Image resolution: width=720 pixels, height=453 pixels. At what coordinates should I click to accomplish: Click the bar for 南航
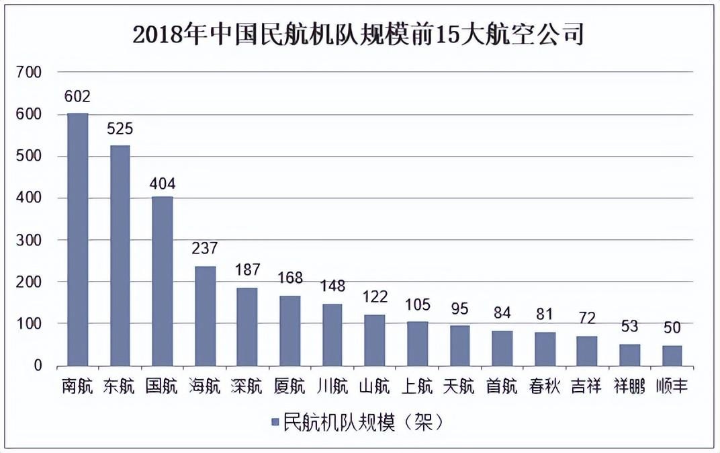(x=78, y=240)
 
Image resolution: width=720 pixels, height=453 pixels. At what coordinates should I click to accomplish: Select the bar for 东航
(x=120, y=256)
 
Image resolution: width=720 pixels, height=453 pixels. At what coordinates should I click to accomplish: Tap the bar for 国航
(x=163, y=282)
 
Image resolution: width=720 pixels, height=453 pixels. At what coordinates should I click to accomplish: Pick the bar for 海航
(x=206, y=317)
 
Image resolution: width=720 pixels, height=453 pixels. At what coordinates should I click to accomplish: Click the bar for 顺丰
(x=672, y=356)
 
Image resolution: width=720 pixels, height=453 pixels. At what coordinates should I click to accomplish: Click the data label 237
(x=205, y=249)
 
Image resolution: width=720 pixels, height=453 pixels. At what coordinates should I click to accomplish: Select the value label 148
(x=332, y=286)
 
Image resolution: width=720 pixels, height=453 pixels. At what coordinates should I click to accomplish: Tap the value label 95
(x=460, y=308)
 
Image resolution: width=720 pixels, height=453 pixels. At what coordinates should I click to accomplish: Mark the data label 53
(x=630, y=327)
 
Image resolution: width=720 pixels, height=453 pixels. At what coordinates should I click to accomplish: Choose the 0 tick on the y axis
(x=38, y=366)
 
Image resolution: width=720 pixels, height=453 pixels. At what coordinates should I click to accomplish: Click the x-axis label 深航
(x=247, y=387)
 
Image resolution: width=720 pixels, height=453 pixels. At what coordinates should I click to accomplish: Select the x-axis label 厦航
(x=289, y=387)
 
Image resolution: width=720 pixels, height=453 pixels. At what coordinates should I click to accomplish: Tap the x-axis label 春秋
(x=545, y=387)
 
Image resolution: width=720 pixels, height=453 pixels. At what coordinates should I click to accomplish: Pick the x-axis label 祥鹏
(x=630, y=387)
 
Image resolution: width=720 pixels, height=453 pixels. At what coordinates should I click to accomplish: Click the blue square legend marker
(x=275, y=422)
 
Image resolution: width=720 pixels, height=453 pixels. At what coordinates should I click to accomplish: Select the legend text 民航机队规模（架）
(x=363, y=422)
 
